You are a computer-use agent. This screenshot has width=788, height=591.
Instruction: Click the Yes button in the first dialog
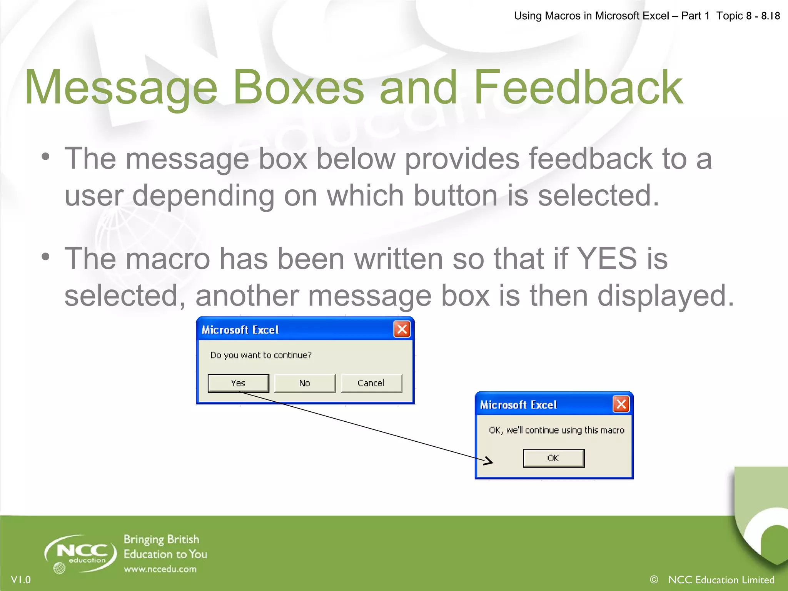tap(238, 383)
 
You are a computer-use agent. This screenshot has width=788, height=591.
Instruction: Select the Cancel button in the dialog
tap(371, 383)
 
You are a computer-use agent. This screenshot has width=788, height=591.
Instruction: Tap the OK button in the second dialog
tap(553, 458)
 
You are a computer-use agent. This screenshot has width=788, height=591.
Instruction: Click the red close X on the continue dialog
tap(402, 329)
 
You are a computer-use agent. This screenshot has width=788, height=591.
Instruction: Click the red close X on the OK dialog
tap(621, 404)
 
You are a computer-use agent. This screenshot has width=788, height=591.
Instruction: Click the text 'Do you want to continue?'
tap(261, 355)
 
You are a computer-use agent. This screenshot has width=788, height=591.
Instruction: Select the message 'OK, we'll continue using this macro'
tap(556, 430)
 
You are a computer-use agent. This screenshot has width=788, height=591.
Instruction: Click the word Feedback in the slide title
tap(578, 88)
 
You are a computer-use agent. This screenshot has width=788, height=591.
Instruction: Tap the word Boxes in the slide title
tap(298, 88)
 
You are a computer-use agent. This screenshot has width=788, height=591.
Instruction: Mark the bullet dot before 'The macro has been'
tap(46, 257)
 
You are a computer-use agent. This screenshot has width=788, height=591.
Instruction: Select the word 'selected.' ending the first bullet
tap(598, 195)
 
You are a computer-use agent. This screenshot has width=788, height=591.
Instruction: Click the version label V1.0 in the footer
tap(21, 579)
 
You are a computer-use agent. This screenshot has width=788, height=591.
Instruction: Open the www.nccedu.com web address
tap(160, 569)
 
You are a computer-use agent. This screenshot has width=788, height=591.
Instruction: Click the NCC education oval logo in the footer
tap(81, 553)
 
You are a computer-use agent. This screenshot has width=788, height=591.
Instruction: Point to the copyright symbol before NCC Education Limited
tap(654, 579)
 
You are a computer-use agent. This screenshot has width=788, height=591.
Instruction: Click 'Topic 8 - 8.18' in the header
tap(748, 16)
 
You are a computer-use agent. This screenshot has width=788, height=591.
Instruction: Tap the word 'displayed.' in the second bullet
tap(666, 295)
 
